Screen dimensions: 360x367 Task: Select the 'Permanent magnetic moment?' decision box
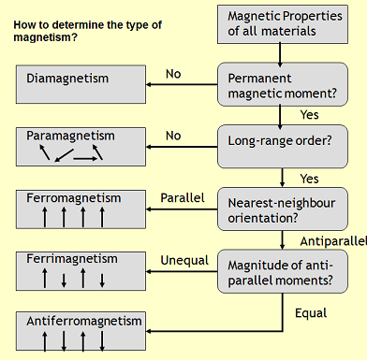point(282,86)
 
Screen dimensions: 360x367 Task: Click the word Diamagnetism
point(66,79)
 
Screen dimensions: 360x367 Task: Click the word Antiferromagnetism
point(82,321)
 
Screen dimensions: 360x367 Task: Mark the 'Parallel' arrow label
point(183,198)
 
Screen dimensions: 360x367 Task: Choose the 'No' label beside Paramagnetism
point(173,136)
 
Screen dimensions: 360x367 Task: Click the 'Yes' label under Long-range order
point(308,177)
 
